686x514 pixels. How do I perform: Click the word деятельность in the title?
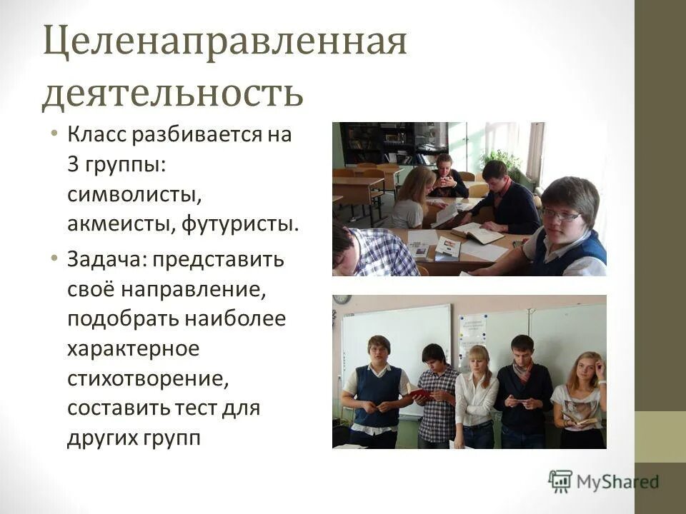[172, 94]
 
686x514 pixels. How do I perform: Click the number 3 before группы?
[74, 164]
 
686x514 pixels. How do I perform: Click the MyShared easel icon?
[560, 480]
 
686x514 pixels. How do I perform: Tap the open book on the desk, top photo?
[477, 233]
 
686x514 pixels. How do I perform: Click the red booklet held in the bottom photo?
[419, 393]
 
